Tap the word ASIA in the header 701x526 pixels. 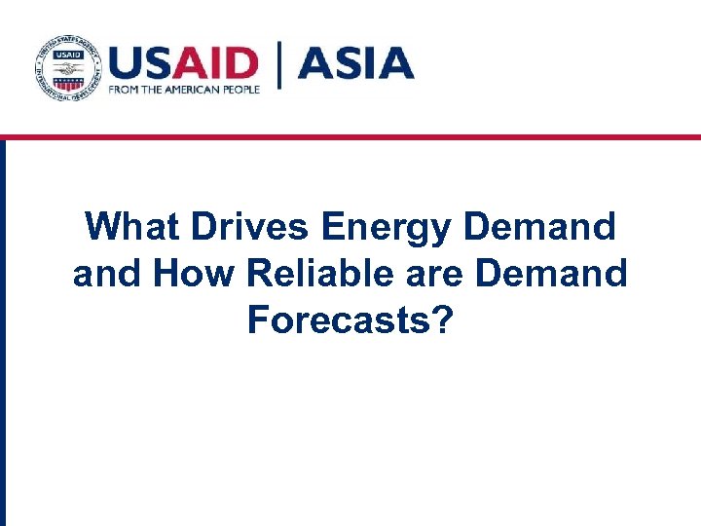355,63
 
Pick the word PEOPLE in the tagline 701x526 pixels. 241,90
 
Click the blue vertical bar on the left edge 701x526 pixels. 3,331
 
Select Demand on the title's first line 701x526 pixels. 540,228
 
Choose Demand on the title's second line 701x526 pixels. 551,274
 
